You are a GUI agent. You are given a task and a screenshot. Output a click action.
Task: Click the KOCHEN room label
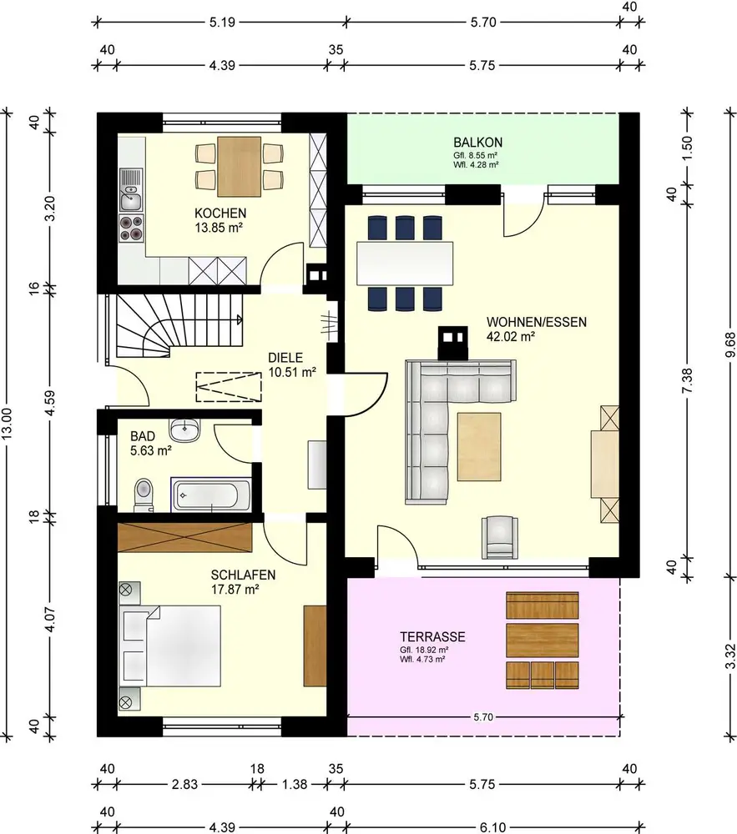220,214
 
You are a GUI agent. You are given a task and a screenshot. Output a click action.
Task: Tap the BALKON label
478,143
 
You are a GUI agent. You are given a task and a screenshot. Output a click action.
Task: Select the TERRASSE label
432,636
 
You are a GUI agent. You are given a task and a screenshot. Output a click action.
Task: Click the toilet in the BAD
144,494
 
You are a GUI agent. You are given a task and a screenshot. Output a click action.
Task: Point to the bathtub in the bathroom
210,495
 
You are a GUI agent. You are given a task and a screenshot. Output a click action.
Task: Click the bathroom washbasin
184,430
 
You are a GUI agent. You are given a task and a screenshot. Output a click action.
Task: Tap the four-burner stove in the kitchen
131,228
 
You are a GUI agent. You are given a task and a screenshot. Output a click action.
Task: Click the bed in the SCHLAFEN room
170,646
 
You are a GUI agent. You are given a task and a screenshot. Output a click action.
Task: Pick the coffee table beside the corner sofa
479,447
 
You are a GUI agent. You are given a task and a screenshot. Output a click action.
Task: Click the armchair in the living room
500,537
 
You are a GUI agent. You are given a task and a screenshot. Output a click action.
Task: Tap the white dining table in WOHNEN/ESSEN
405,264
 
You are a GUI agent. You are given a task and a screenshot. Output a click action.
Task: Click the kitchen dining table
239,167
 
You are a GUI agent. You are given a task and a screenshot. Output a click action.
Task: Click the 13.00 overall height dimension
7,424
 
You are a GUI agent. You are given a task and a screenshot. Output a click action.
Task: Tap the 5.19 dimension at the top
222,23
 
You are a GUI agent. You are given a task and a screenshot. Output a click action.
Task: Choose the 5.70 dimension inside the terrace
483,717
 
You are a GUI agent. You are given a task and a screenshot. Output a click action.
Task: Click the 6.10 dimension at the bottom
492,827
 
